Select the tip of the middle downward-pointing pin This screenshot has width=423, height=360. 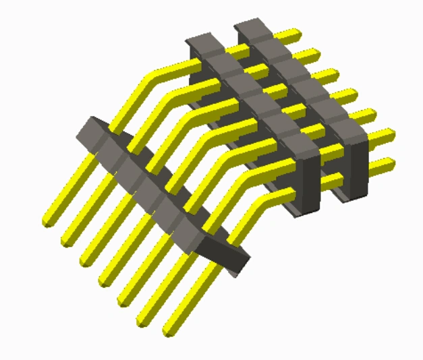(x=105, y=276)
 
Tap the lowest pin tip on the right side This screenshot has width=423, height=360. (x=389, y=162)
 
